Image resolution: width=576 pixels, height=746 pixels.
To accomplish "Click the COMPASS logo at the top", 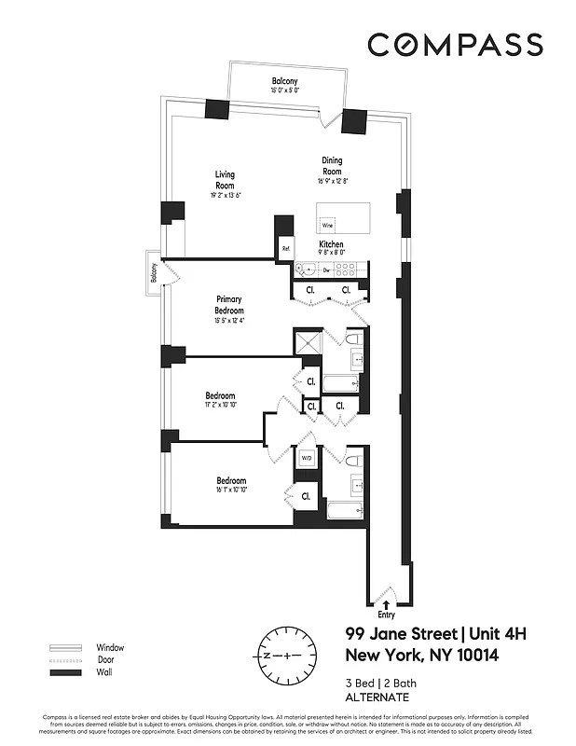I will pyautogui.click(x=454, y=44).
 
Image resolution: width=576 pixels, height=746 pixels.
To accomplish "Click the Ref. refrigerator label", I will pyautogui.click(x=286, y=249).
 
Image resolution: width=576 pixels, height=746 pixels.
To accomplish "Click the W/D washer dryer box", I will pyautogui.click(x=306, y=457).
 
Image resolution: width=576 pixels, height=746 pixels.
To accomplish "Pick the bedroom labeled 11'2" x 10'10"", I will pyautogui.click(x=220, y=400).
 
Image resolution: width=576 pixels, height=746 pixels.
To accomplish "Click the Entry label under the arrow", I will pyautogui.click(x=385, y=615).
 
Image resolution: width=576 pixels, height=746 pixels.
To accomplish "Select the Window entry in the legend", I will pyautogui.click(x=109, y=647).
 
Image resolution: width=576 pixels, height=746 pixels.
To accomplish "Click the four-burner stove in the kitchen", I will pyautogui.click(x=344, y=269).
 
